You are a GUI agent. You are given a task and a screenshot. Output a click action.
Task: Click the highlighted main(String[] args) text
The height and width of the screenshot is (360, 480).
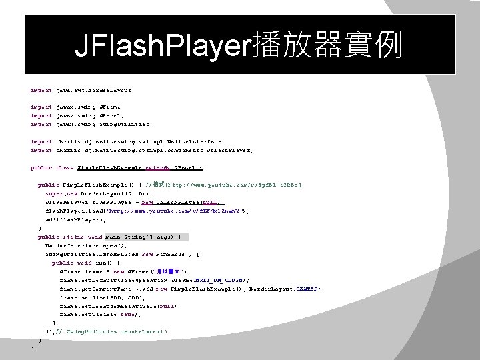tap(147, 237)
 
